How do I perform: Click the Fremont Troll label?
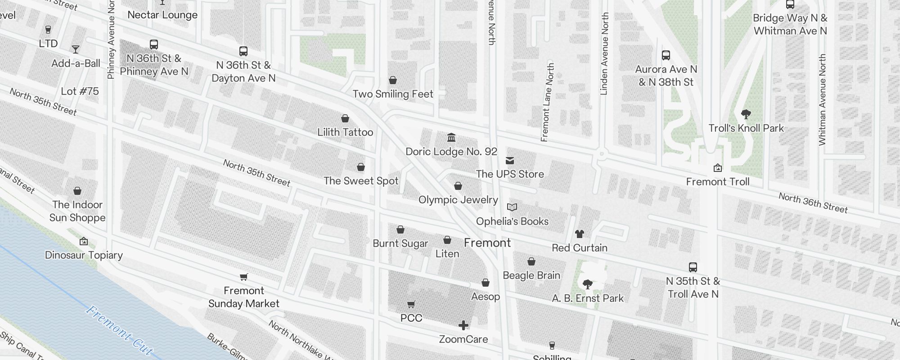(x=717, y=182)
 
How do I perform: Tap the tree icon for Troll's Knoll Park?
(x=746, y=114)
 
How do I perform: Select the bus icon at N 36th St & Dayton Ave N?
(x=243, y=51)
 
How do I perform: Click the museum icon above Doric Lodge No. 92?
(x=451, y=137)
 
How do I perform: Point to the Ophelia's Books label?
(x=512, y=221)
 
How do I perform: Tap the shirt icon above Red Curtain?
(x=579, y=234)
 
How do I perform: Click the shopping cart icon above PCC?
(x=411, y=305)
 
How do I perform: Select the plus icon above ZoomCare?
(x=463, y=325)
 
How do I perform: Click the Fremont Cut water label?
(x=119, y=330)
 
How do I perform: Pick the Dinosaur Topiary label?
(x=84, y=255)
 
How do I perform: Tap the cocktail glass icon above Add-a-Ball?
(x=76, y=49)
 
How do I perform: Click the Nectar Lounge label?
(x=162, y=15)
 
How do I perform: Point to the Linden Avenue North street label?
(x=604, y=54)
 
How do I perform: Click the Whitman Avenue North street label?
(x=822, y=100)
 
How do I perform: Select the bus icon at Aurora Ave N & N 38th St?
(x=666, y=55)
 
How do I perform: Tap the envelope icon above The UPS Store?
(x=509, y=161)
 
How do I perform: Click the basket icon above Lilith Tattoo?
(x=345, y=118)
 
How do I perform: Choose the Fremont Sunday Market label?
(x=244, y=297)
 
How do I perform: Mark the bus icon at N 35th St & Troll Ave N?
(x=693, y=267)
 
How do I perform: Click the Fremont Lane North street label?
(x=548, y=103)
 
